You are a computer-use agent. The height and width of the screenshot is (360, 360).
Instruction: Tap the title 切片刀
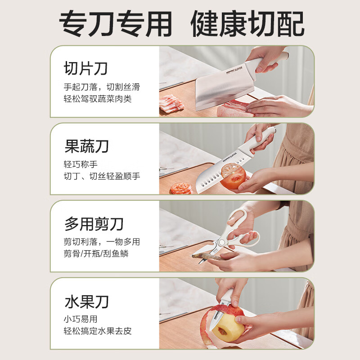tap(86, 69)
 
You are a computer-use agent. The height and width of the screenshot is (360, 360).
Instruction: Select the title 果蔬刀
tap(86, 147)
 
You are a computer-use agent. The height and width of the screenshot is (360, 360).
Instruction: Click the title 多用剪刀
tap(94, 224)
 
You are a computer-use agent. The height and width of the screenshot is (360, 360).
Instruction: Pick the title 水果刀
tap(86, 301)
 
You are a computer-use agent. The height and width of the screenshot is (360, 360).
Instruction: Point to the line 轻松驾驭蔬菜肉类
tap(98, 99)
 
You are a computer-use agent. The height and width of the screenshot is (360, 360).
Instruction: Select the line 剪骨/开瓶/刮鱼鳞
tap(96, 253)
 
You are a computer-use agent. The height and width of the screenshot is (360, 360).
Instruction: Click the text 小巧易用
tap(80, 319)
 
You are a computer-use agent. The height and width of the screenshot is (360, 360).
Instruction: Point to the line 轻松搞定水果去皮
tap(98, 331)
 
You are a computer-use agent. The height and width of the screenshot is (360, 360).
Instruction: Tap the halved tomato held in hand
tap(233, 175)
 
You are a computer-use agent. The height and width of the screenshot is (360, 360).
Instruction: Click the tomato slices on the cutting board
tap(181, 188)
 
